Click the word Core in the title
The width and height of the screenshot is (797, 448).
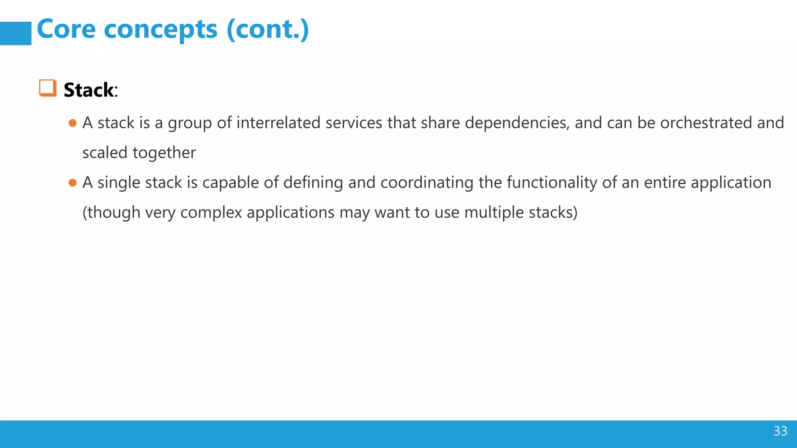pyautogui.click(x=66, y=29)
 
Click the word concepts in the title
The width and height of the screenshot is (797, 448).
pyautogui.click(x=160, y=30)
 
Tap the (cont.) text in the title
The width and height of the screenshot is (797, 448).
pyautogui.click(x=268, y=29)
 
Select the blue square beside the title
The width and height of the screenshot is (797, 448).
pyautogui.click(x=16, y=33)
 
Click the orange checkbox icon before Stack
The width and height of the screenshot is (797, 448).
pyautogui.click(x=48, y=88)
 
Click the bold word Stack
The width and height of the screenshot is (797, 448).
pyautogui.click(x=89, y=90)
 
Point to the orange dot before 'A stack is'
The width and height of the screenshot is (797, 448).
pyautogui.click(x=72, y=123)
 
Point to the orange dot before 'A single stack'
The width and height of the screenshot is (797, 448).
pyautogui.click(x=72, y=183)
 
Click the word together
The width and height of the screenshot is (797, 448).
pyautogui.click(x=164, y=153)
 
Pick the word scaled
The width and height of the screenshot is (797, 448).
pyautogui.click(x=105, y=153)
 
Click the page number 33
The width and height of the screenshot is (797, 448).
pyautogui.click(x=780, y=431)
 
